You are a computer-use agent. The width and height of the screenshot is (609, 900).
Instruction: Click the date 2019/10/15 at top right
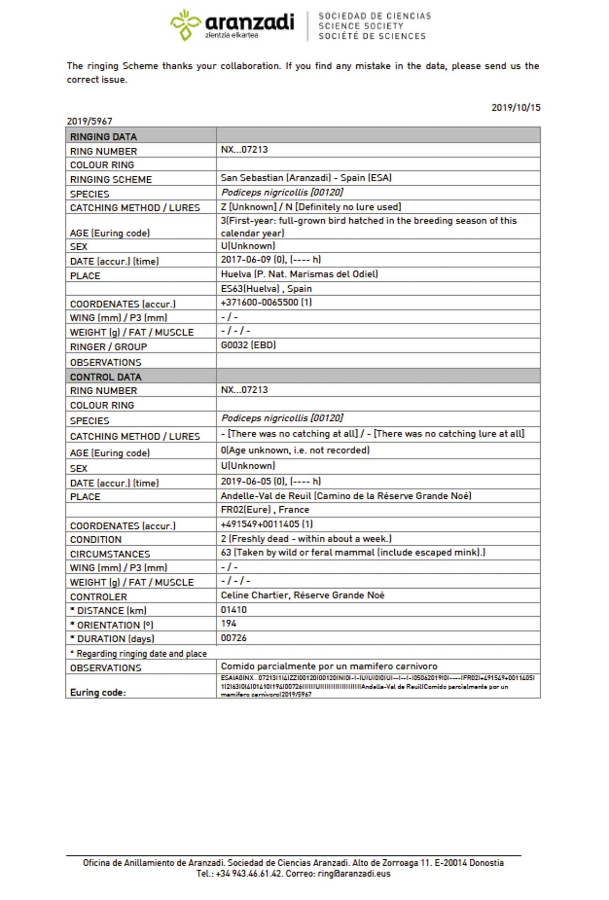(x=515, y=107)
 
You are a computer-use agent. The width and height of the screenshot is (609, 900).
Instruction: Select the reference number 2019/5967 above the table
(x=90, y=121)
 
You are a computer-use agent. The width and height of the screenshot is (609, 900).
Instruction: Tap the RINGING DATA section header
(x=104, y=137)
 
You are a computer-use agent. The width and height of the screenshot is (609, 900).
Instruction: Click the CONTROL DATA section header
(x=105, y=377)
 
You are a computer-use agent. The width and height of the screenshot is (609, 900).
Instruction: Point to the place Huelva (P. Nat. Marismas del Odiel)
(x=299, y=274)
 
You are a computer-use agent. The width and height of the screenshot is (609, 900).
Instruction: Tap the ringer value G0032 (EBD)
(x=248, y=345)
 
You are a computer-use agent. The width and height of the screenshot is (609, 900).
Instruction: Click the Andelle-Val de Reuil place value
(x=346, y=496)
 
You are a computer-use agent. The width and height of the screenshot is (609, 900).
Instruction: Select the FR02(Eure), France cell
(x=265, y=510)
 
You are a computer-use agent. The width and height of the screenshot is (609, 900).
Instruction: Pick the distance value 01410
(x=233, y=610)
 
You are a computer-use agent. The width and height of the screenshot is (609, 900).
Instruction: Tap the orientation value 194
(x=228, y=623)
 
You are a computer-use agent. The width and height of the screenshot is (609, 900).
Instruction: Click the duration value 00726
(x=233, y=638)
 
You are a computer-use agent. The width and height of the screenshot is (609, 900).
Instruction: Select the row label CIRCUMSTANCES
(x=110, y=554)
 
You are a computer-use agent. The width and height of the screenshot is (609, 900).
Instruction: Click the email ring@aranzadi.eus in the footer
(x=353, y=873)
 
